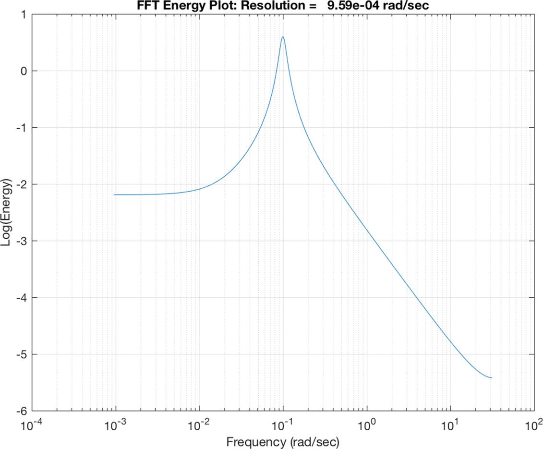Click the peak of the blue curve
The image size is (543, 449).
[283, 37]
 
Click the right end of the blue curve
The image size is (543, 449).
[492, 377]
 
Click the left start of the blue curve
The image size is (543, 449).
[114, 194]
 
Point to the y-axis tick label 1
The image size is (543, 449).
[23, 14]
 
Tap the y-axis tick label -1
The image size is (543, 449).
[20, 128]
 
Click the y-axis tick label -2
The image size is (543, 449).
[20, 184]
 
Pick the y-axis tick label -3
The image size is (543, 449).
[20, 241]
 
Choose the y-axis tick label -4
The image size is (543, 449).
[20, 298]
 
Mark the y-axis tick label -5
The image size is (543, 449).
[20, 354]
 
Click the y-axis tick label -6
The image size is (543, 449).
[20, 411]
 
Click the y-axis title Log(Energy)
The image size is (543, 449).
[7, 213]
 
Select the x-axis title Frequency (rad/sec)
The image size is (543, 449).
[283, 441]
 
